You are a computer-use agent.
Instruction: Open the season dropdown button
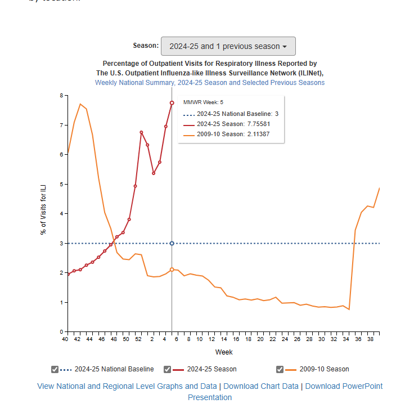coord(228,46)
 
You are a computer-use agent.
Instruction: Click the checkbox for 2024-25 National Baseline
coord(55,369)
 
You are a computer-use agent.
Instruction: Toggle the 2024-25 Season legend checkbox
coord(167,369)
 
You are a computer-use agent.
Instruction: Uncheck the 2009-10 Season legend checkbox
coord(280,369)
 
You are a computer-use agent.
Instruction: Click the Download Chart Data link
coord(262,386)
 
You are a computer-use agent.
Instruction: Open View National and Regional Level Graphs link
coord(127,386)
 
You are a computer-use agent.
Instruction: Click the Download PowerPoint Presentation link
coord(343,386)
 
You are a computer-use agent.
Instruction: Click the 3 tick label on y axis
coord(61,243)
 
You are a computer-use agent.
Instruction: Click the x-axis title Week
coord(224,352)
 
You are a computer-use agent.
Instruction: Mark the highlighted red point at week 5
coord(172,103)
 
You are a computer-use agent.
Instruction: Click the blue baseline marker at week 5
coord(172,243)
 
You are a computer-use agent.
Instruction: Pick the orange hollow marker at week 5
coord(172,270)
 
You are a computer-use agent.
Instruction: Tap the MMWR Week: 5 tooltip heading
coord(203,102)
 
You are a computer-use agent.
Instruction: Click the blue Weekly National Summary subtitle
coord(209,83)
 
